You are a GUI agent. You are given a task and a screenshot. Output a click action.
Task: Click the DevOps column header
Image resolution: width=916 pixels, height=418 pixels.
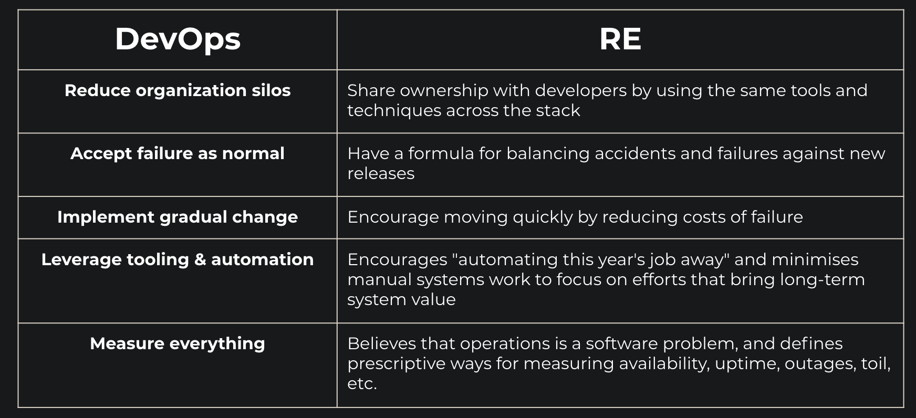point(178,40)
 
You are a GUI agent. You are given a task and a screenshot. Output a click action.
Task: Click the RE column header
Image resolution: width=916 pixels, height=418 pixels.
point(620,39)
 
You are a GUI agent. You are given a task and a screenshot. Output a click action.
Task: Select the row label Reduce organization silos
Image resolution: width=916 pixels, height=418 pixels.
point(178,90)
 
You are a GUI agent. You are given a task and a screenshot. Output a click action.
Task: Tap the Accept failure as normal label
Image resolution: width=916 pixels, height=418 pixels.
point(178,153)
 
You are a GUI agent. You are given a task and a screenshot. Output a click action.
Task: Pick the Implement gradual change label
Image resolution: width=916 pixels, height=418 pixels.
point(178,217)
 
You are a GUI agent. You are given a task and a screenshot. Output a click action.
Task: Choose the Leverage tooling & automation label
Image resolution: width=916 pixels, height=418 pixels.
point(178,259)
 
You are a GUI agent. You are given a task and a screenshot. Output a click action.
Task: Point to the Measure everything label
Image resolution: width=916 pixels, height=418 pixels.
point(178,343)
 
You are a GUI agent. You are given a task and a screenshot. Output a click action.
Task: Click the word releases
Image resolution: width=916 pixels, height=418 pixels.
point(381,174)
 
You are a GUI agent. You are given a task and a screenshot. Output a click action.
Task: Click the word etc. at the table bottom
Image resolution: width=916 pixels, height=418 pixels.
point(362,384)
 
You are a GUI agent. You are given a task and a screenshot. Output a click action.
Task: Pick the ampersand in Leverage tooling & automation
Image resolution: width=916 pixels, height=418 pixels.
point(200,259)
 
